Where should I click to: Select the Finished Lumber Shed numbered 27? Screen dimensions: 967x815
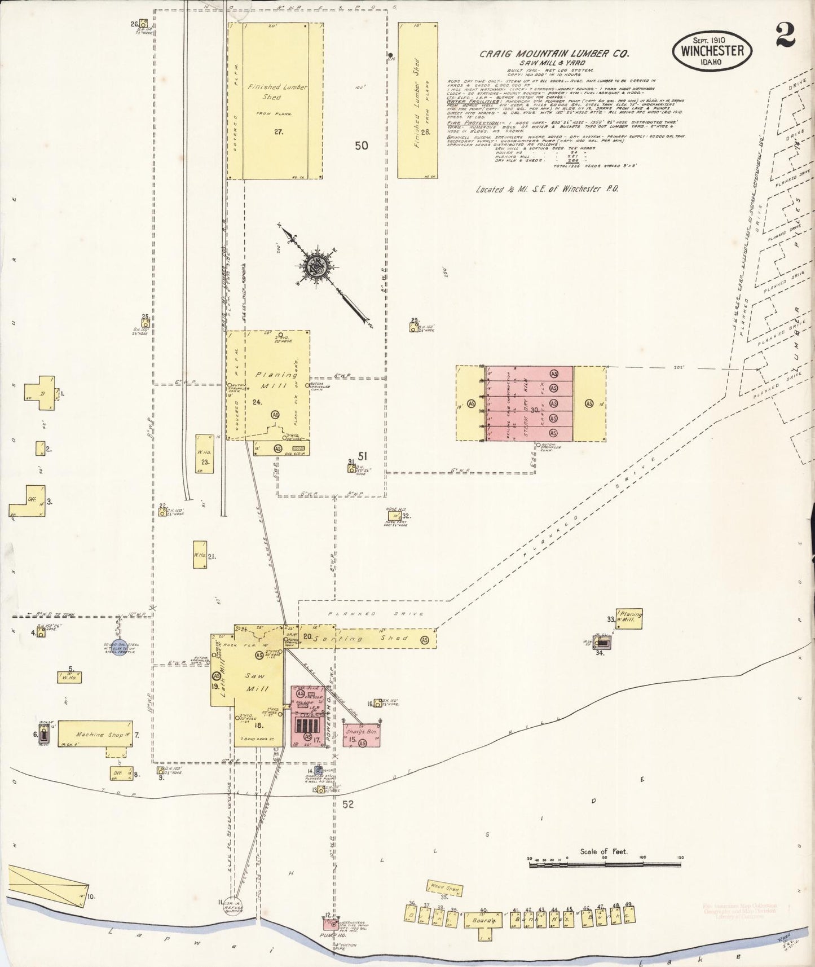click(275, 102)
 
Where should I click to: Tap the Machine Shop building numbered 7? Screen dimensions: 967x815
click(95, 734)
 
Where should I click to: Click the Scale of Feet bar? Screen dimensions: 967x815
click(605, 864)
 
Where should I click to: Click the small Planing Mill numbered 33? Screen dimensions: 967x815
click(628, 619)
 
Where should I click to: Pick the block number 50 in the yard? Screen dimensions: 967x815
click(362, 145)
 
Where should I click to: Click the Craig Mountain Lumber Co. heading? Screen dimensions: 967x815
click(554, 54)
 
